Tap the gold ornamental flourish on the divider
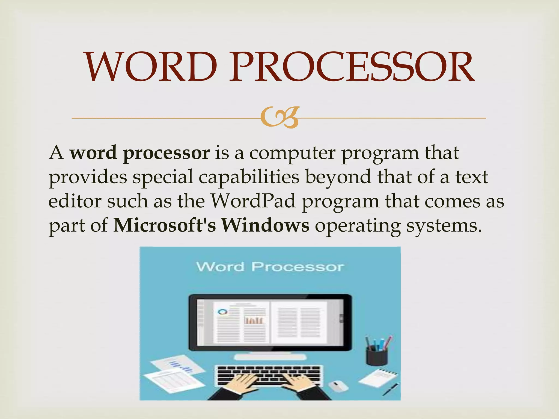[279, 118]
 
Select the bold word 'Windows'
[265, 225]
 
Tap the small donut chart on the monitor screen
[222, 312]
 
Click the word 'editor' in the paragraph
[75, 201]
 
